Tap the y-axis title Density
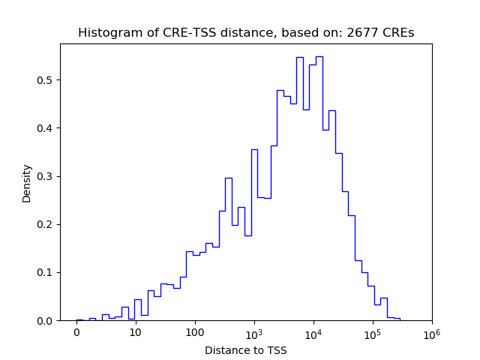click(27, 183)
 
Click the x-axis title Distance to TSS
click(246, 350)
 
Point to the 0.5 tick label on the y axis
click(46, 80)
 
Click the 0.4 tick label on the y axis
click(46, 128)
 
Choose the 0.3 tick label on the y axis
click(46, 176)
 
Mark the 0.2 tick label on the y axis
click(46, 224)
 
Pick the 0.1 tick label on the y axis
click(46, 272)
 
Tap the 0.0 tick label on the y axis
click(46, 320)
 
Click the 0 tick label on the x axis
click(76, 332)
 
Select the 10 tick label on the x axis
click(135, 332)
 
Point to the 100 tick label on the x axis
click(194, 332)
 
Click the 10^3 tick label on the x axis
click(253, 331)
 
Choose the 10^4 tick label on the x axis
click(313, 331)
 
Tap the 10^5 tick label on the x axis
click(372, 331)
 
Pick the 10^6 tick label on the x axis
click(431, 331)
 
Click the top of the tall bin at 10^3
click(254, 149)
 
